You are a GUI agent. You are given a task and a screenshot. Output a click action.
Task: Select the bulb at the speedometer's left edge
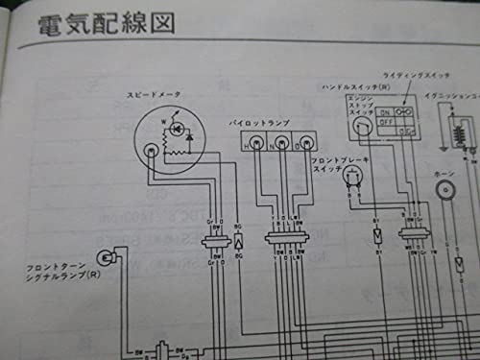(x=152, y=150)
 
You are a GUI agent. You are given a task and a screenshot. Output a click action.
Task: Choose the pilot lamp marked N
(x=281, y=146)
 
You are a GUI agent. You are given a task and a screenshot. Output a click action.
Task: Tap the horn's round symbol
(x=447, y=190)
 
